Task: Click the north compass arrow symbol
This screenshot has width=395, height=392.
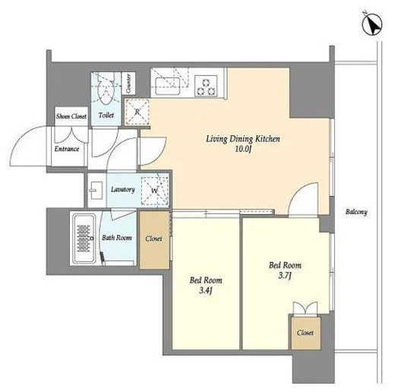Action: [x=372, y=24]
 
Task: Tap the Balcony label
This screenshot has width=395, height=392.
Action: [x=356, y=212]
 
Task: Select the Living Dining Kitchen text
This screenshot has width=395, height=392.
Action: [x=243, y=139]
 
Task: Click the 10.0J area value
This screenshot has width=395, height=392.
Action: [x=243, y=149]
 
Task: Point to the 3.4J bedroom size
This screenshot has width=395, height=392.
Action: [x=205, y=290]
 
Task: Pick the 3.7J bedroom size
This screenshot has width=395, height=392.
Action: [x=285, y=275]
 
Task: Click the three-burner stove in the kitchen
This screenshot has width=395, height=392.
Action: [x=206, y=87]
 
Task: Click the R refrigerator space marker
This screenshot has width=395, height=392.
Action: [x=137, y=112]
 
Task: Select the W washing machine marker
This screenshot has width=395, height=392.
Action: [x=155, y=191]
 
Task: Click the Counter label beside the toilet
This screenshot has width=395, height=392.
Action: [x=128, y=83]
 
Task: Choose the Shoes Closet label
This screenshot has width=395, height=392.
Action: [x=71, y=116]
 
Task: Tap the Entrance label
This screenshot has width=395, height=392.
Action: [x=67, y=149]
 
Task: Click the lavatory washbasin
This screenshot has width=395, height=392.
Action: [x=96, y=191]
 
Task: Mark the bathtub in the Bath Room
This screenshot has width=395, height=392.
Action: [x=84, y=239]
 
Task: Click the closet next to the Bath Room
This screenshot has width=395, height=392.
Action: [x=154, y=239]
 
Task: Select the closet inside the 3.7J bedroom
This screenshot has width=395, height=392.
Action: [x=305, y=333]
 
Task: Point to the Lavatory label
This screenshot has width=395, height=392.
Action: [x=123, y=189]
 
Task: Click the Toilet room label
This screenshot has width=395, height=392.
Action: [x=106, y=115]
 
